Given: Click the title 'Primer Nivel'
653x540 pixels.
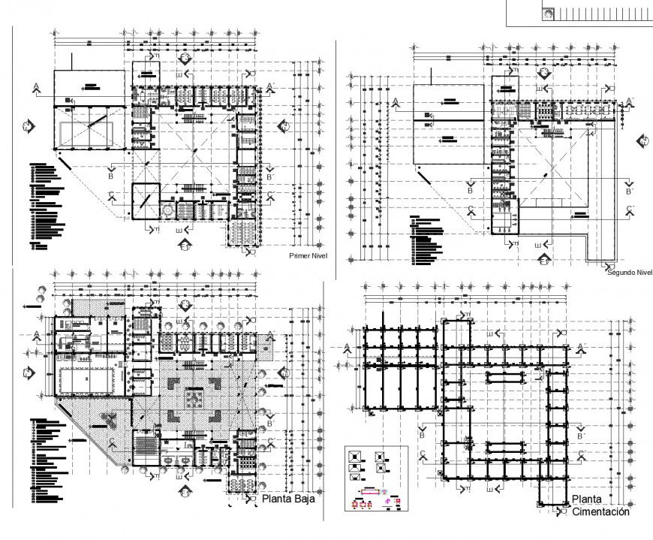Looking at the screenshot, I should tap(308, 256).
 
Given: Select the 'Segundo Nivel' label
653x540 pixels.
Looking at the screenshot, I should tap(629, 273).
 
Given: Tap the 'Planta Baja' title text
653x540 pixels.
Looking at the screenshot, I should tap(288, 498).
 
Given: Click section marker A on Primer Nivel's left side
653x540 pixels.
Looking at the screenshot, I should tap(36, 89).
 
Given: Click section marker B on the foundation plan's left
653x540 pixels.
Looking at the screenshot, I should tap(422, 430).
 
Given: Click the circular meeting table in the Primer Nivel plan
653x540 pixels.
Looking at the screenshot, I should tap(167, 211).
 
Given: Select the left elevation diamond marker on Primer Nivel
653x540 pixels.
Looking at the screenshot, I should tap(27, 126).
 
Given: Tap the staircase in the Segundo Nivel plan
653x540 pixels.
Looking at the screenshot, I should tap(552, 132).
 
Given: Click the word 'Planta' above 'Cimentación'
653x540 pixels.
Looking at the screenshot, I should tap(586, 499).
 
